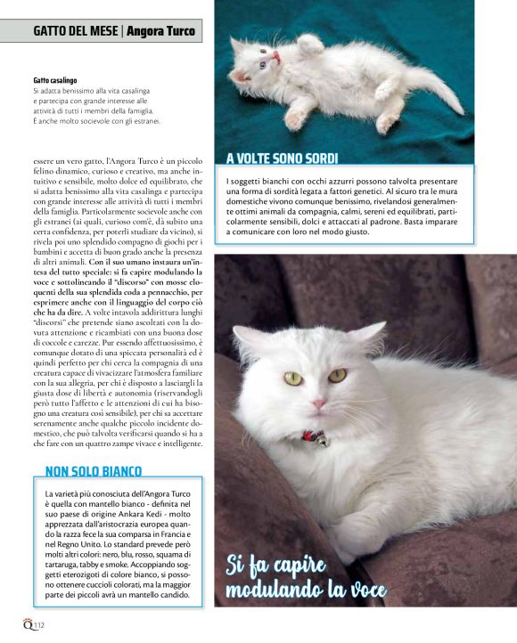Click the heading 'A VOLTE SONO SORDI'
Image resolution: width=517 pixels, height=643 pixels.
point(282,159)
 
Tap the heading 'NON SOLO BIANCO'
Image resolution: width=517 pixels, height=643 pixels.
point(94,470)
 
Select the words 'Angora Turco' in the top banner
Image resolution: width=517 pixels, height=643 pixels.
point(161,32)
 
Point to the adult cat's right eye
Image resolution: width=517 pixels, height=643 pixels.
point(293,378)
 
